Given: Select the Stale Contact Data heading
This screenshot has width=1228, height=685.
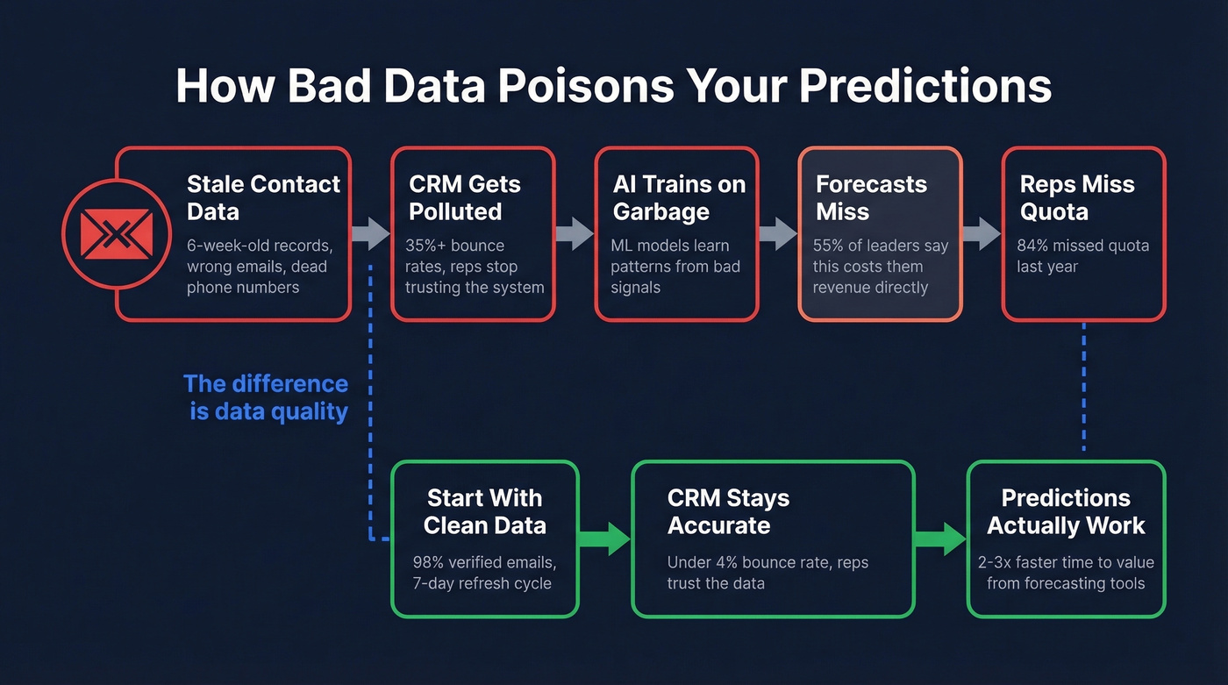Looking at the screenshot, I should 263,197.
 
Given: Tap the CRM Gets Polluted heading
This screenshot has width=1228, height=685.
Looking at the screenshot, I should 464,197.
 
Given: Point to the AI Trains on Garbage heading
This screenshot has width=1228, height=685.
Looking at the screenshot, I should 678,197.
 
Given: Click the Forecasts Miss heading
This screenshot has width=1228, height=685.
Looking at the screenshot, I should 870,197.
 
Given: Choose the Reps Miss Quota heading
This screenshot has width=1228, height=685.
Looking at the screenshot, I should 1076,197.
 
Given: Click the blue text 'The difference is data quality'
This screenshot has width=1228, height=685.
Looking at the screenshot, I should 267,396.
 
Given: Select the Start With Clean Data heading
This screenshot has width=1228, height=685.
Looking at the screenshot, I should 484,511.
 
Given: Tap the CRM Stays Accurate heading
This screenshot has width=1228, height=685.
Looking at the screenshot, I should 728,511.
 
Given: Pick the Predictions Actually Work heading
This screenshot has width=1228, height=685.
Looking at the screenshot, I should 1066,511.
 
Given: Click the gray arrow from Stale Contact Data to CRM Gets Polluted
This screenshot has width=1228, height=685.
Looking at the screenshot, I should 370,233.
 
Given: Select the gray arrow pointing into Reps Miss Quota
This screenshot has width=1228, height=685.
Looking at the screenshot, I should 982,233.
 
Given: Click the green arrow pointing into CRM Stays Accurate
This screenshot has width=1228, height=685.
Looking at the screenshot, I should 604,538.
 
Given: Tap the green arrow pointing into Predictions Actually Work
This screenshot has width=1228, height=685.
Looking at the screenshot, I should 940,538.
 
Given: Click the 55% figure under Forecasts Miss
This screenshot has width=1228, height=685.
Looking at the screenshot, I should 830,246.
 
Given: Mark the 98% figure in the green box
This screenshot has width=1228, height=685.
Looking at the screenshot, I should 430,562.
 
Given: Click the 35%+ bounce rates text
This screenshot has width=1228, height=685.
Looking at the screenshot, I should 454,246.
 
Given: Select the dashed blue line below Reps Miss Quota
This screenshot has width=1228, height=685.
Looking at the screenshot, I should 1084,386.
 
